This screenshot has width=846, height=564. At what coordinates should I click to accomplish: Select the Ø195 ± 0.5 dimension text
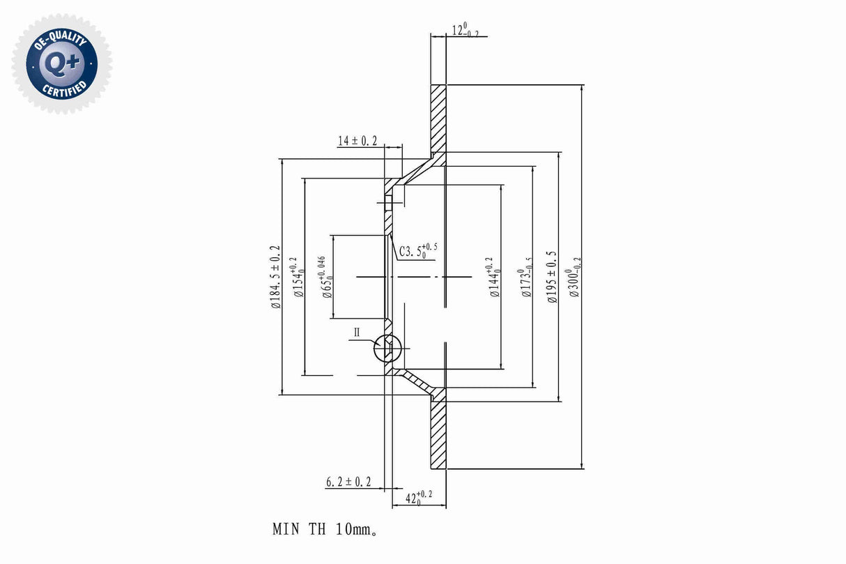pyautogui.click(x=553, y=277)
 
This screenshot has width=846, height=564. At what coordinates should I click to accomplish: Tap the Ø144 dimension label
pyautogui.click(x=495, y=277)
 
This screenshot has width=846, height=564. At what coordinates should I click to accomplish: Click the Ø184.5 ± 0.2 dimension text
pyautogui.click(x=275, y=277)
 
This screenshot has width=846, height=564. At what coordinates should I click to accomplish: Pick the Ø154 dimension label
pyautogui.click(x=299, y=277)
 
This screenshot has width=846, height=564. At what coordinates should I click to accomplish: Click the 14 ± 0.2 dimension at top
pyautogui.click(x=357, y=141)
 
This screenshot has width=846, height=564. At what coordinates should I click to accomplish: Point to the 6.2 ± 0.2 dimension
pyautogui.click(x=348, y=482)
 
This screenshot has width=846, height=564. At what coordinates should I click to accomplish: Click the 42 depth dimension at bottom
pyautogui.click(x=418, y=498)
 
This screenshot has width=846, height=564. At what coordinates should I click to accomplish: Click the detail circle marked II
pyautogui.click(x=387, y=348)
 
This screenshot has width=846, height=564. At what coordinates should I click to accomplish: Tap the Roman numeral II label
pyautogui.click(x=357, y=333)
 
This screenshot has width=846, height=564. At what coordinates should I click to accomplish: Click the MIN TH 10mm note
pyautogui.click(x=325, y=529)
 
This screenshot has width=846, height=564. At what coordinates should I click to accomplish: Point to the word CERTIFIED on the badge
pyautogui.click(x=65, y=89)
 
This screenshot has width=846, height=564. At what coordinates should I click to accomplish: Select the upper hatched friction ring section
pyautogui.click(x=438, y=119)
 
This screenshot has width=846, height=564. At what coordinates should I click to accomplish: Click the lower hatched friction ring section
pyautogui.click(x=438, y=435)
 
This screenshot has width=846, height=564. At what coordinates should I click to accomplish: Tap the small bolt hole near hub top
pyautogui.click(x=389, y=203)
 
